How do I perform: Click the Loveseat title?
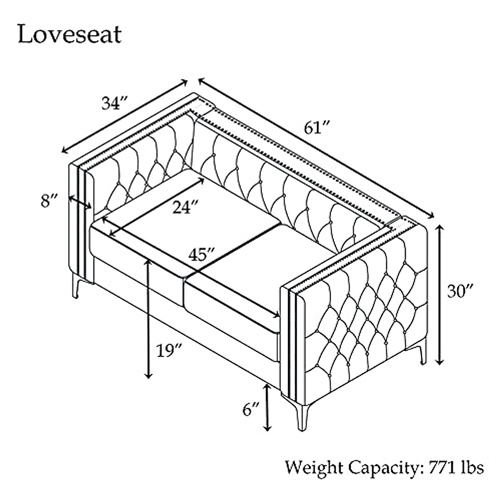[x=69, y=34]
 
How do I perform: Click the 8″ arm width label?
[x=49, y=202]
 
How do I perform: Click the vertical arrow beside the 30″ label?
[x=439, y=295]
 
